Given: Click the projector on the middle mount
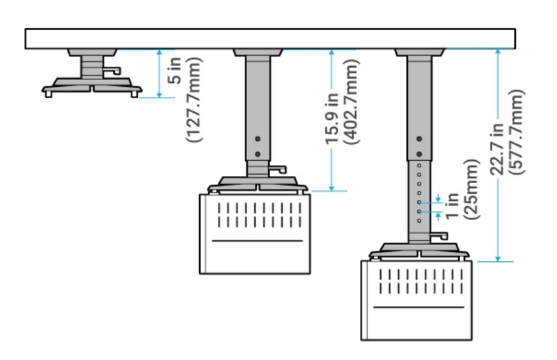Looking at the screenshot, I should (254, 233).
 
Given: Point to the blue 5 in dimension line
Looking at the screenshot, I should (159, 74).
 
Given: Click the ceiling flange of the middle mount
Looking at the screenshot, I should (258, 53).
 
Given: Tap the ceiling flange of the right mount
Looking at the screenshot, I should (419, 53).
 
